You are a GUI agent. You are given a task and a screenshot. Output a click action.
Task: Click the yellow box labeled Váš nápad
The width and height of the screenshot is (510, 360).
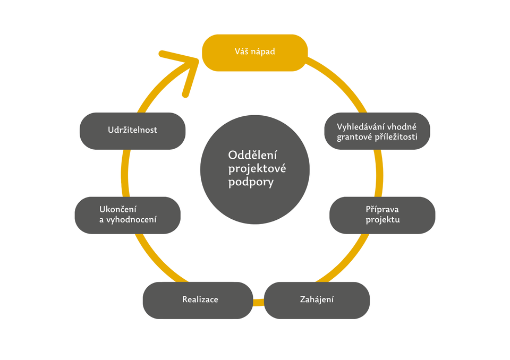pyautogui.click(x=254, y=53)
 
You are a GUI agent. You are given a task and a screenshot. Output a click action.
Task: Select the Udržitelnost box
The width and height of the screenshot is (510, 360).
pyautogui.click(x=132, y=131)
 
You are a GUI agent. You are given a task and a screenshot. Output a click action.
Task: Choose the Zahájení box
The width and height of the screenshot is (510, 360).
pyautogui.click(x=317, y=300)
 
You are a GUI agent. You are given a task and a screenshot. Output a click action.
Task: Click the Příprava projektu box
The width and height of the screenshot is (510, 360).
pyautogui.click(x=382, y=215)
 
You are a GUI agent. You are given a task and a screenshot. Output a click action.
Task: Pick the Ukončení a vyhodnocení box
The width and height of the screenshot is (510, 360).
pyautogui.click(x=127, y=215)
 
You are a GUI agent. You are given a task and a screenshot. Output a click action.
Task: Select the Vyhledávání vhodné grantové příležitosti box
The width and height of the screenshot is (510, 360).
pyautogui.click(x=377, y=131)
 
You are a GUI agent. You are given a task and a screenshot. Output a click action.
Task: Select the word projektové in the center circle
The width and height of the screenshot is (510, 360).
pyautogui.click(x=257, y=169)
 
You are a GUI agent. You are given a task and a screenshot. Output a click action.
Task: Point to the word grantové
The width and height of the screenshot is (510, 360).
pyautogui.click(x=354, y=137)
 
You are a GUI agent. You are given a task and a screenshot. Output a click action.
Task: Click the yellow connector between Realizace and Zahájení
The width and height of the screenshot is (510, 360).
pyautogui.click(x=258, y=302)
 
